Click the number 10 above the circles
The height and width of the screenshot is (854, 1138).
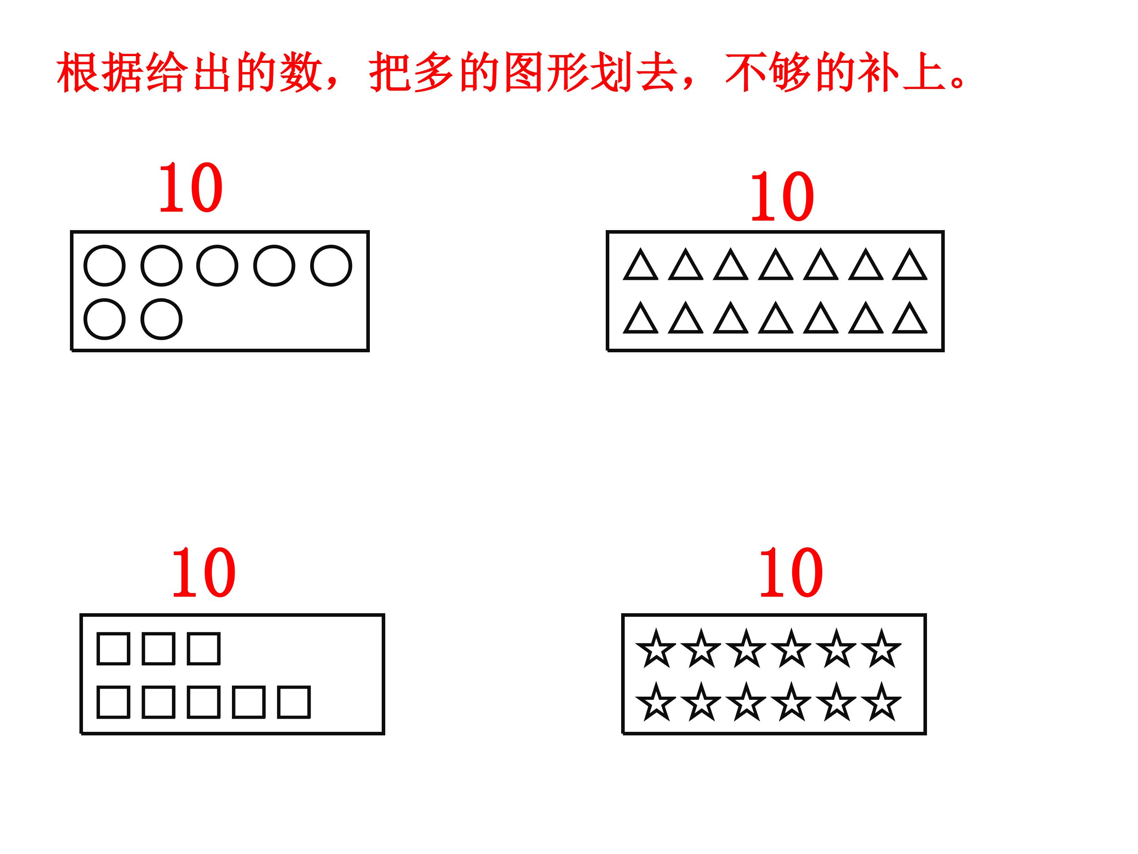[x=191, y=187]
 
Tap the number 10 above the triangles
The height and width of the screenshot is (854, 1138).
[x=782, y=196]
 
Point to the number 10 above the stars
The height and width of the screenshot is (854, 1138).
[x=791, y=572]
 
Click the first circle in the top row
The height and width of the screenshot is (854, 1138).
[x=104, y=265]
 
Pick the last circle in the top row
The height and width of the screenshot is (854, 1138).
[x=331, y=265]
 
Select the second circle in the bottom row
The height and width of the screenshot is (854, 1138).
[x=162, y=319]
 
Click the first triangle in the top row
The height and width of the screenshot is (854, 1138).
[x=641, y=266]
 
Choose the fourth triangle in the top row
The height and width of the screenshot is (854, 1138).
[x=776, y=266]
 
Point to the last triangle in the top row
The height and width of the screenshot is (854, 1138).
[x=910, y=266]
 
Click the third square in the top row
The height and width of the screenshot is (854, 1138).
[x=204, y=649]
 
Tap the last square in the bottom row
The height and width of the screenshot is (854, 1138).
[x=294, y=702]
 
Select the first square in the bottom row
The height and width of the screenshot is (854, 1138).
[x=113, y=702]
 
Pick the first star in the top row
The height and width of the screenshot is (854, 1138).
[x=656, y=649]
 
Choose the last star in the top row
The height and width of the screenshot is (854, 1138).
[x=881, y=649]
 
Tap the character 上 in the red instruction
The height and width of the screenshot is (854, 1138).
[x=924, y=72]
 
